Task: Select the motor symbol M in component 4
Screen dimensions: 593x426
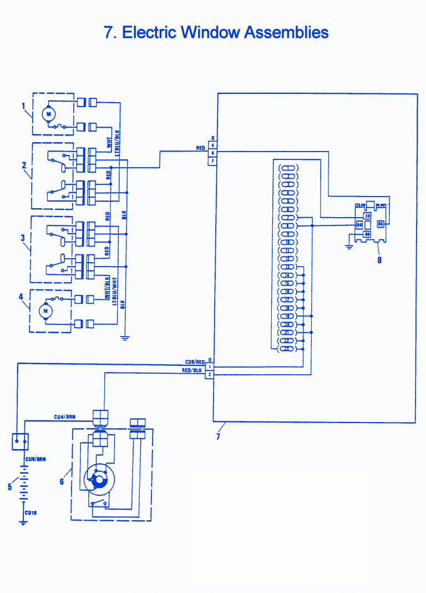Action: coord(45,311)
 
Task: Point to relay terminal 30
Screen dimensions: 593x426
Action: coord(367,215)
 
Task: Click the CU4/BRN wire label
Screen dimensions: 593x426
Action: coord(64,416)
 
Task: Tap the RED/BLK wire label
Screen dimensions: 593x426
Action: coord(192,370)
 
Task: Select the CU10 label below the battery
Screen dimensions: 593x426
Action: coord(31,514)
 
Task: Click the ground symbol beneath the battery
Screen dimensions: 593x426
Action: coord(23,522)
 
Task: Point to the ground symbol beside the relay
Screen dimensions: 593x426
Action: coord(349,247)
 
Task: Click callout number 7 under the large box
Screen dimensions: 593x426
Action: coord(218,437)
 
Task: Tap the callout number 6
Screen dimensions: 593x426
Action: coord(62,481)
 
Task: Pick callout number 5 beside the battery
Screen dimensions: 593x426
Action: coord(9,487)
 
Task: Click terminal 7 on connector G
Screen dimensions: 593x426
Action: coord(212,161)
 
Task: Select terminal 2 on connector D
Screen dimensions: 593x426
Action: coord(210,375)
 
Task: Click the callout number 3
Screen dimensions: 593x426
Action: coord(23,238)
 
